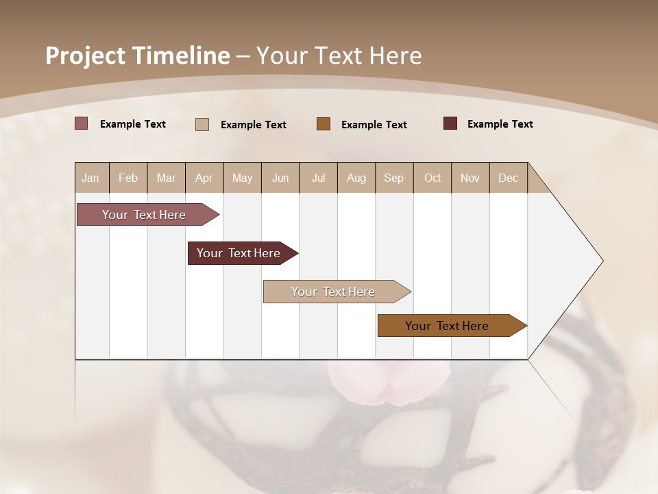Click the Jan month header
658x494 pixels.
pyautogui.click(x=90, y=178)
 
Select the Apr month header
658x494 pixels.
pyautogui.click(x=204, y=178)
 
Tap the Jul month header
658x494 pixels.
pyautogui.click(x=318, y=178)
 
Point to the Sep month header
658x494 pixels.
pyautogui.click(x=393, y=178)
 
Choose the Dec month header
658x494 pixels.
pyautogui.click(x=508, y=178)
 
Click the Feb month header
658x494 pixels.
pyautogui.click(x=128, y=178)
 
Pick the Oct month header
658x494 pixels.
pyautogui.click(x=432, y=178)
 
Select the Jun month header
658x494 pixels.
pyautogui.click(x=280, y=178)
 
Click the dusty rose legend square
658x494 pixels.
pyautogui.click(x=82, y=123)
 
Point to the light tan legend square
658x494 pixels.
pyautogui.click(x=202, y=124)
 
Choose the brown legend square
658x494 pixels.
pyautogui.click(x=324, y=123)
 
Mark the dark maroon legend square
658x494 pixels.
pyautogui.click(x=450, y=123)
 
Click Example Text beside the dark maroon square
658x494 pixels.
pyautogui.click(x=500, y=124)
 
